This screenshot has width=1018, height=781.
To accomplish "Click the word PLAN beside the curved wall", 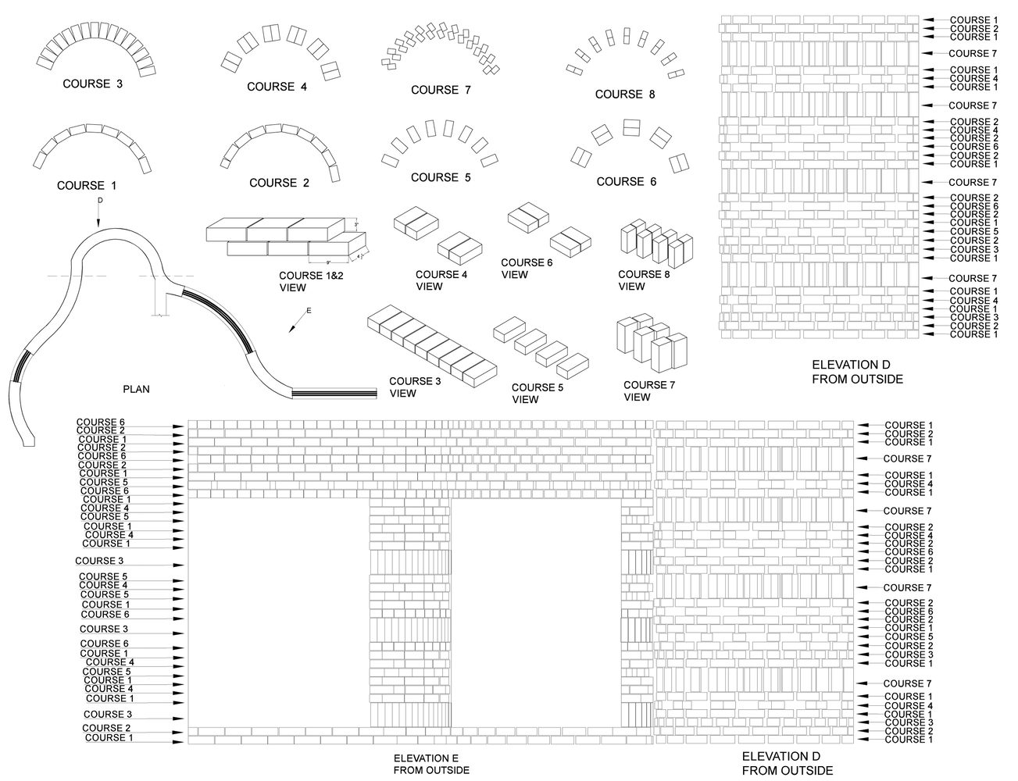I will (136, 387).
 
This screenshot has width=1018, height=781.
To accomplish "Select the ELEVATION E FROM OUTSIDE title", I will (431, 764).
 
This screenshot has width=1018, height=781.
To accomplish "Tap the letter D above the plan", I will (99, 201).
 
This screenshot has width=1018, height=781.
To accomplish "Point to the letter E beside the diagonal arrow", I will (308, 311).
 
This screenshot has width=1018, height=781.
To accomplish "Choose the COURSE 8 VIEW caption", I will (644, 280).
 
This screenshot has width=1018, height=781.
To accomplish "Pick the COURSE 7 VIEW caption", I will (648, 390).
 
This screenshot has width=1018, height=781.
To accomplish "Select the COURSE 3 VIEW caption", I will (416, 387).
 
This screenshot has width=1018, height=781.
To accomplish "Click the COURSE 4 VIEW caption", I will (441, 280).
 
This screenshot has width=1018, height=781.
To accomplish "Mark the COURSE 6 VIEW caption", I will (527, 268).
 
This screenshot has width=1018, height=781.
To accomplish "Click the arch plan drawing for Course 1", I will (91, 144).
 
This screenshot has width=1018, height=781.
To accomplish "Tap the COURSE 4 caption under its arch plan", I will (277, 87).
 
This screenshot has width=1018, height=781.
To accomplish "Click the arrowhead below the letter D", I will (99, 223).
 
